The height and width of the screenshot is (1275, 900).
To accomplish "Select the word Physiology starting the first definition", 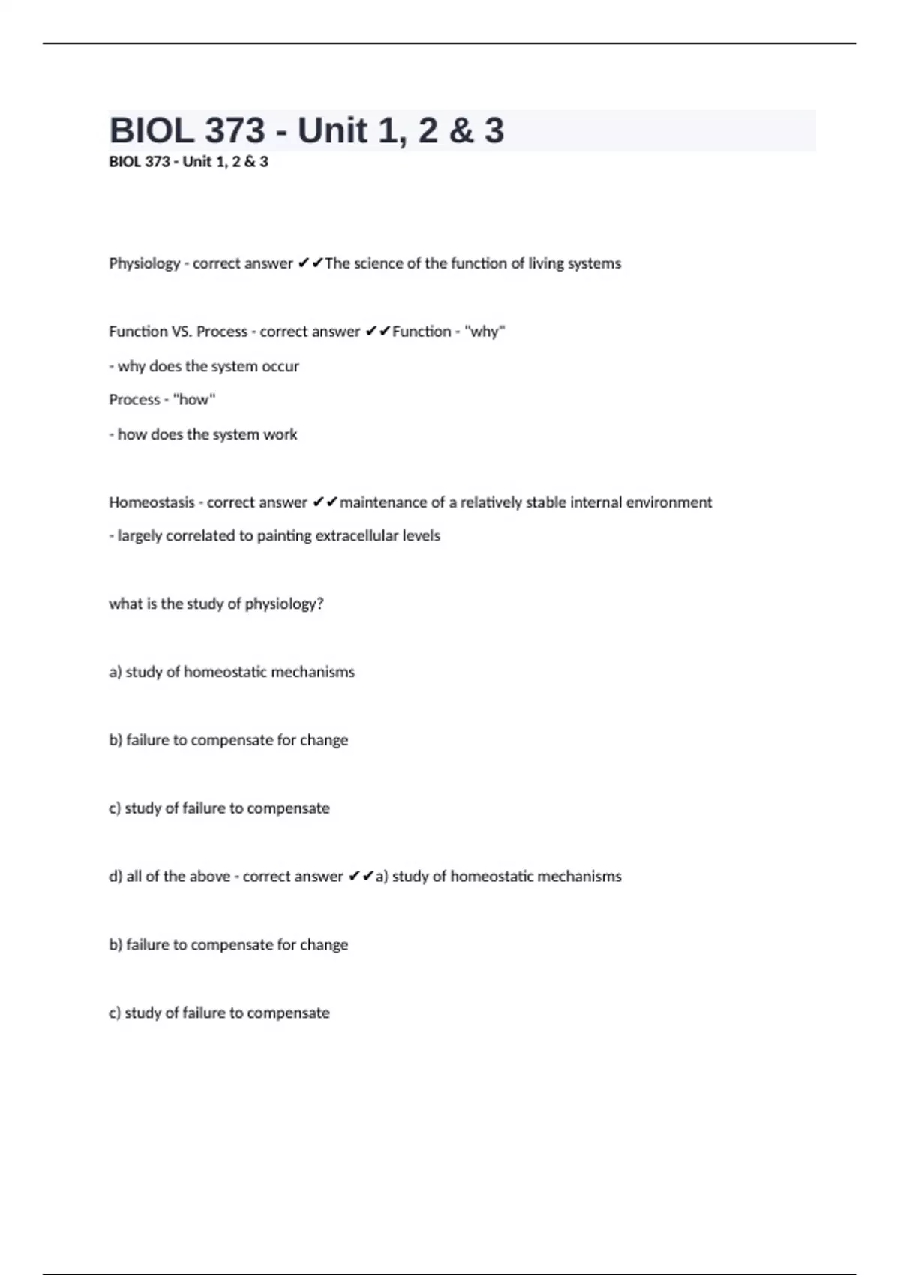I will point(145,263).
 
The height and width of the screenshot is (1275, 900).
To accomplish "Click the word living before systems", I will point(549,263).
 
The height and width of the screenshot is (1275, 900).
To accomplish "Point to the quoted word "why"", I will point(486,331).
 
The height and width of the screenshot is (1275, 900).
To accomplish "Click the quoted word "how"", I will point(193,400).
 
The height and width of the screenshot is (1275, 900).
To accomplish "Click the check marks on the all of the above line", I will point(361,877).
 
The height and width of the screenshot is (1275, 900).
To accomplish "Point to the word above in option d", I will point(209,877).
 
